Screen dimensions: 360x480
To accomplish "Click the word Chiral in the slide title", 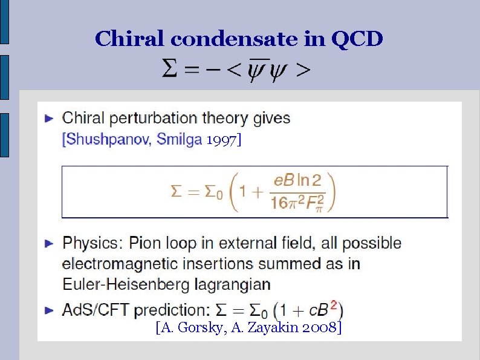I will pos(130,39).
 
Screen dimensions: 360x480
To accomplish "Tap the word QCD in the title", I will pos(357,39).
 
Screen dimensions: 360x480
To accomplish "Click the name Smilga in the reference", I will pos(180,139).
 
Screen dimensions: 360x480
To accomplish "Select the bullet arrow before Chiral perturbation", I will pos(50,118).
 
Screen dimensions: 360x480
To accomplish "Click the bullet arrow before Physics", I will pos(50,243).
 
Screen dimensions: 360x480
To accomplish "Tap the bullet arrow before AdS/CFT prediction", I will pos(50,310).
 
